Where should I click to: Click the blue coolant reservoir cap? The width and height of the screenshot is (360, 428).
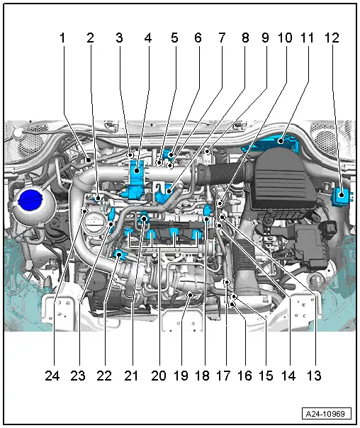point(30,200)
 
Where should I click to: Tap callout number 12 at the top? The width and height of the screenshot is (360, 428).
point(332,38)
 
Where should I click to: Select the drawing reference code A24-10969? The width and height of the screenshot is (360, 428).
point(326,414)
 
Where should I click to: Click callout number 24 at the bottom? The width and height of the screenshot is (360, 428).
point(52,376)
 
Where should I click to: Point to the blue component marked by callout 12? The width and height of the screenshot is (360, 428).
point(342,196)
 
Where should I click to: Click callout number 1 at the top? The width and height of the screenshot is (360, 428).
point(62,38)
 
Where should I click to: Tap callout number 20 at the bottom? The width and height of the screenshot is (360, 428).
point(159,376)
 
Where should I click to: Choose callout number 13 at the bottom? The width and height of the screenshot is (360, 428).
point(314,376)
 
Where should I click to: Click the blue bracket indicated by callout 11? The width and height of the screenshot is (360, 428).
point(273,142)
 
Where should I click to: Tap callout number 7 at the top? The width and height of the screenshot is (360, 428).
point(222,38)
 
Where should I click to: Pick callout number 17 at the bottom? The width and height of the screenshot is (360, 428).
point(223,376)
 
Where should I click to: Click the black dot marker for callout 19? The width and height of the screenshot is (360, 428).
point(190,295)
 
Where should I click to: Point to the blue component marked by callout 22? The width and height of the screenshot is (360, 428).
point(120,255)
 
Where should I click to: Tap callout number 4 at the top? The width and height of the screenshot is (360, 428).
point(147,38)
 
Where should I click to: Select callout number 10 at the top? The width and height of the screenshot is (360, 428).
point(285,38)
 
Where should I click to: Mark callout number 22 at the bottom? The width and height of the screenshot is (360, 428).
point(104,376)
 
